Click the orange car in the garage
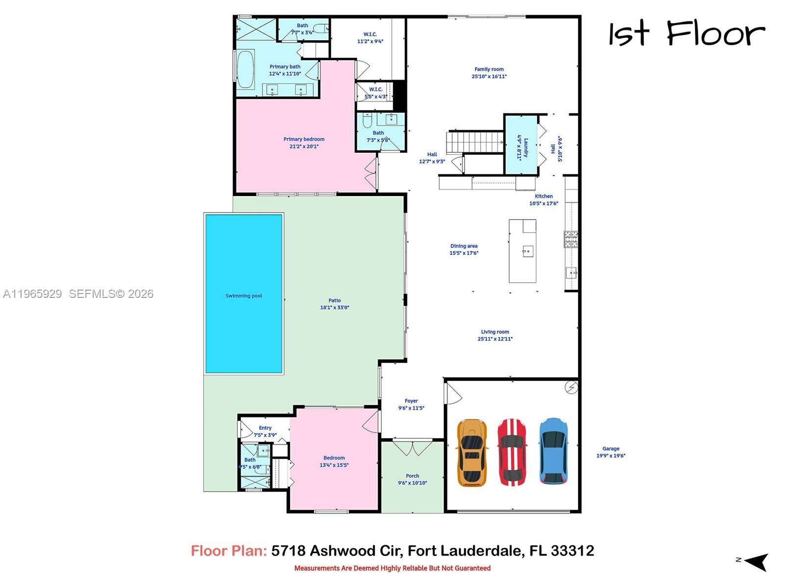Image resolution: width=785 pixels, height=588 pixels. [x=472, y=453]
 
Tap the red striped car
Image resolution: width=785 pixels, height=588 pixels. [x=512, y=452]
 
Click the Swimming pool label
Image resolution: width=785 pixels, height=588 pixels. [x=244, y=296]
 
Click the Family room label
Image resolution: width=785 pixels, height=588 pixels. [x=489, y=70]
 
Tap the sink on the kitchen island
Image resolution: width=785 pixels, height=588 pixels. [x=527, y=251]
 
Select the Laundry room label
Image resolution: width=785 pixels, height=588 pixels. [x=525, y=147]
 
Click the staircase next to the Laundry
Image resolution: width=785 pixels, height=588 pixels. [x=474, y=142]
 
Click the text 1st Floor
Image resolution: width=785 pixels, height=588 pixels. [x=686, y=34]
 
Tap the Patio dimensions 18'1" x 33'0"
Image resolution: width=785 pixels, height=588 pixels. [x=335, y=308]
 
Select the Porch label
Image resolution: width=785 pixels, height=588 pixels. [x=412, y=476]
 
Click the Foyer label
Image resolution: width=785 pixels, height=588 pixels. [x=411, y=401]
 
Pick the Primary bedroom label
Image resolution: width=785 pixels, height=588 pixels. [x=304, y=139]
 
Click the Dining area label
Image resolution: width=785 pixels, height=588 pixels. [x=464, y=246]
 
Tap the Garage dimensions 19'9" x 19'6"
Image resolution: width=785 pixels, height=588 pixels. [x=611, y=456]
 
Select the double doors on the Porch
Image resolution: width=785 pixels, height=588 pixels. [x=413, y=447]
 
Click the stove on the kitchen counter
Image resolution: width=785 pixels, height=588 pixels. [x=571, y=239]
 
